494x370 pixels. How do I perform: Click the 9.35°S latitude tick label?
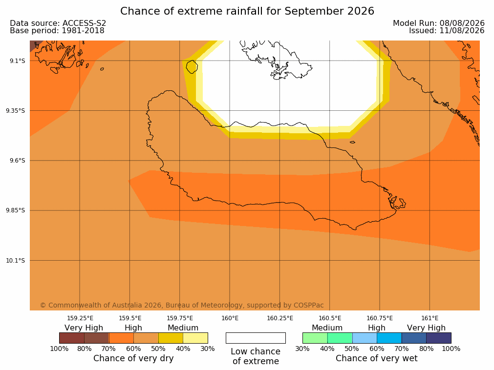pyautogui.click(x=16, y=110)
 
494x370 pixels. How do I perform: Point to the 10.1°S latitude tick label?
pyautogui.click(x=16, y=261)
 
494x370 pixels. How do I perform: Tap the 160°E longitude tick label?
pyautogui.click(x=230, y=318)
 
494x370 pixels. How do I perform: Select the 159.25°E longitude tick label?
pyautogui.click(x=80, y=318)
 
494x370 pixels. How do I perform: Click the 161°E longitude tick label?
pyautogui.click(x=430, y=318)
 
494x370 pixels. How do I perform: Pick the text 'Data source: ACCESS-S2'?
pyautogui.click(x=58, y=23)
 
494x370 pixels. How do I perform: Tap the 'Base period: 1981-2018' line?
pyautogui.click(x=57, y=31)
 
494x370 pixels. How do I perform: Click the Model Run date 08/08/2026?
pyautogui.click(x=462, y=23)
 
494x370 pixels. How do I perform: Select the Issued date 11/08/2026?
pyautogui.click(x=462, y=31)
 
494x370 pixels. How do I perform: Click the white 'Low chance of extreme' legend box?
pyautogui.click(x=256, y=338)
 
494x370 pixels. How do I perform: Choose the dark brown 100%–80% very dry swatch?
pyautogui.click(x=71, y=338)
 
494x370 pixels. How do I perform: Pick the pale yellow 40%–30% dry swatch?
pyautogui.click(x=195, y=338)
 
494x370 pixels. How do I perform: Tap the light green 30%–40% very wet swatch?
pyautogui.click(x=315, y=338)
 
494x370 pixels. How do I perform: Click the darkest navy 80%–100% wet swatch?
pyautogui.click(x=439, y=338)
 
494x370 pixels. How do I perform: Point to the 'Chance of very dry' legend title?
pyautogui.click(x=133, y=358)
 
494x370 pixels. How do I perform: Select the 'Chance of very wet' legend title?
pyautogui.click(x=377, y=358)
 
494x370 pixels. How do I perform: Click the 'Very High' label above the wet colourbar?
pyautogui.click(x=426, y=328)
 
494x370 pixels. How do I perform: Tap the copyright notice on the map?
pyautogui.click(x=182, y=305)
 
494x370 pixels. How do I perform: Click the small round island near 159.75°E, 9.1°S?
pyautogui.click(x=192, y=67)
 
